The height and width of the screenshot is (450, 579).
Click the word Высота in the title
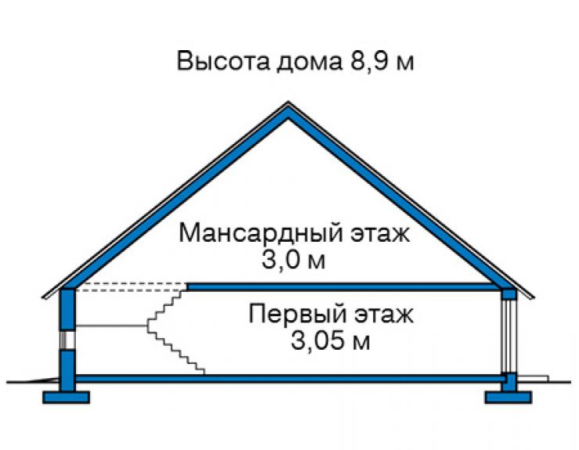coord(223,62)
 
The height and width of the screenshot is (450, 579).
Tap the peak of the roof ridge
coord(289,103)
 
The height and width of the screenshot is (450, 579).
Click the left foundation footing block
coord(66,397)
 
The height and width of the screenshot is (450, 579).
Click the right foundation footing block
coord(508,397)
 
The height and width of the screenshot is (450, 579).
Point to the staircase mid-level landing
coord(112,326)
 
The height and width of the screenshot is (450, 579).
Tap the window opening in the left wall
coord(67,340)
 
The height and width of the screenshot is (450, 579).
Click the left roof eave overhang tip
coord(44,297)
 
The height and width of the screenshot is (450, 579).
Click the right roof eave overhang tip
coord(533,297)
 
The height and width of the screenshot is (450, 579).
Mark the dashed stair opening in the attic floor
coord(131,287)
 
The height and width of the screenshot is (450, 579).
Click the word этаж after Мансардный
coord(379,234)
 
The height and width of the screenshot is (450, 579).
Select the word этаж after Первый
coord(384,315)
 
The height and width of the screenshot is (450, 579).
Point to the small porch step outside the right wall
coord(533,379)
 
